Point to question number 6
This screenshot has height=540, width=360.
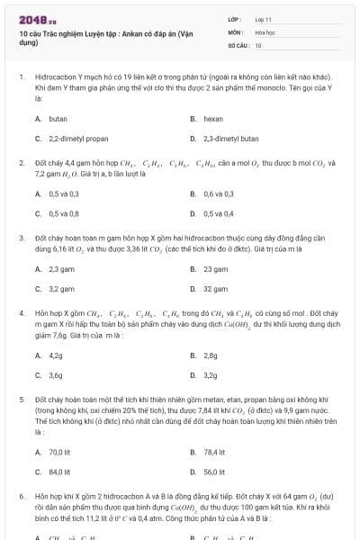coord(20,496)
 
